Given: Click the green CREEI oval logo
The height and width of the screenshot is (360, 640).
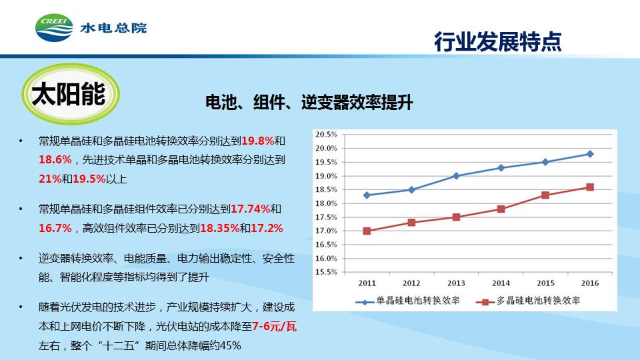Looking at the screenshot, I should point(54,27).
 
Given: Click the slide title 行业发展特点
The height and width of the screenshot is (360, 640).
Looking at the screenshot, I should point(497,41).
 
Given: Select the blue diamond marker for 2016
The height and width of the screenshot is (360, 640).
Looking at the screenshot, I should point(590,154).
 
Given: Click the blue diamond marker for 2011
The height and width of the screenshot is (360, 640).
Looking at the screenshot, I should point(367,195).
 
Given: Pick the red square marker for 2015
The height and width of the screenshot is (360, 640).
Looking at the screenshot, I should point(545,195).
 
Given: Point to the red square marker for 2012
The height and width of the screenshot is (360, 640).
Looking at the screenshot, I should point(411,223).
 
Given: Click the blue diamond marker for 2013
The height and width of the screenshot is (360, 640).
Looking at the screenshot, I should point(456,176).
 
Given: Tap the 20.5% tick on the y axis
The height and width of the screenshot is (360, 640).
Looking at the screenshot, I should point(327,135).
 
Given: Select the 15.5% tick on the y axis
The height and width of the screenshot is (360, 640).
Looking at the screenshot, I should point(327,272).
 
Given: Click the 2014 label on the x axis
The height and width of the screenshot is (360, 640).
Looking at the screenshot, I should point(500,283).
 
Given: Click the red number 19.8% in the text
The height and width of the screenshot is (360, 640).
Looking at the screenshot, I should point(258,141).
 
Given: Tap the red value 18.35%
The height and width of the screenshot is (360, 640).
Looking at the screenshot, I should point(219,229).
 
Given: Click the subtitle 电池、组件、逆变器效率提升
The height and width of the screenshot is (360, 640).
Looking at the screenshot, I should point(309,103).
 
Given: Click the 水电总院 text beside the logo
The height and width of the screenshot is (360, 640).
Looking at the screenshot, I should point(113,28).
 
